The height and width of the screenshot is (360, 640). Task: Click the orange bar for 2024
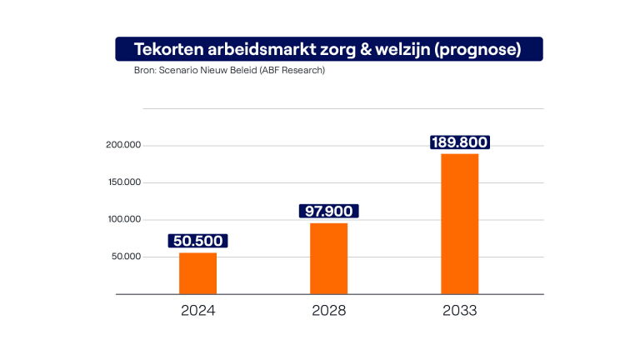[x=197, y=272]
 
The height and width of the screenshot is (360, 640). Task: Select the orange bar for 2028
[x=328, y=258]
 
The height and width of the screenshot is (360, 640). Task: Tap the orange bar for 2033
[x=459, y=223]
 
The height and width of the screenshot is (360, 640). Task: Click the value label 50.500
[x=197, y=241]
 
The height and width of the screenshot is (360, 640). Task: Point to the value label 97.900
[x=328, y=212]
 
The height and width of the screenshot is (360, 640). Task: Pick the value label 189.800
[x=459, y=142]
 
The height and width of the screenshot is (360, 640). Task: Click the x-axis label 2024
[x=197, y=312]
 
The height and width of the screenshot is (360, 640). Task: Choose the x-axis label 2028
[x=328, y=312]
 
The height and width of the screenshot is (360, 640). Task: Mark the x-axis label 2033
[x=459, y=312]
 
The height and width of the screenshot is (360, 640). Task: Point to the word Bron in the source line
[x=145, y=70]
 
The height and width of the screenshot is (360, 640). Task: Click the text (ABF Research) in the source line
[x=288, y=70]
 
